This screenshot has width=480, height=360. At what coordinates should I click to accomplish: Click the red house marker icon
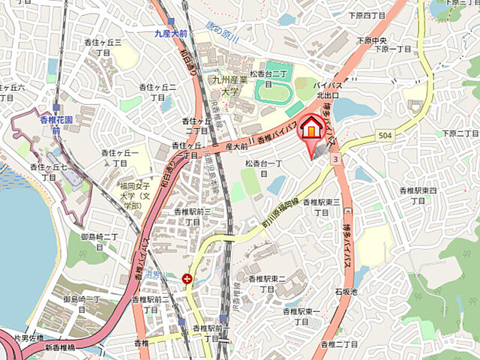311,128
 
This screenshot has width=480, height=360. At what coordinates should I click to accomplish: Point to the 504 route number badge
383,136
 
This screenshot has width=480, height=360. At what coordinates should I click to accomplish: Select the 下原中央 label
371,40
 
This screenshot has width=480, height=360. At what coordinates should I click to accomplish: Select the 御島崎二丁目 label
99,241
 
